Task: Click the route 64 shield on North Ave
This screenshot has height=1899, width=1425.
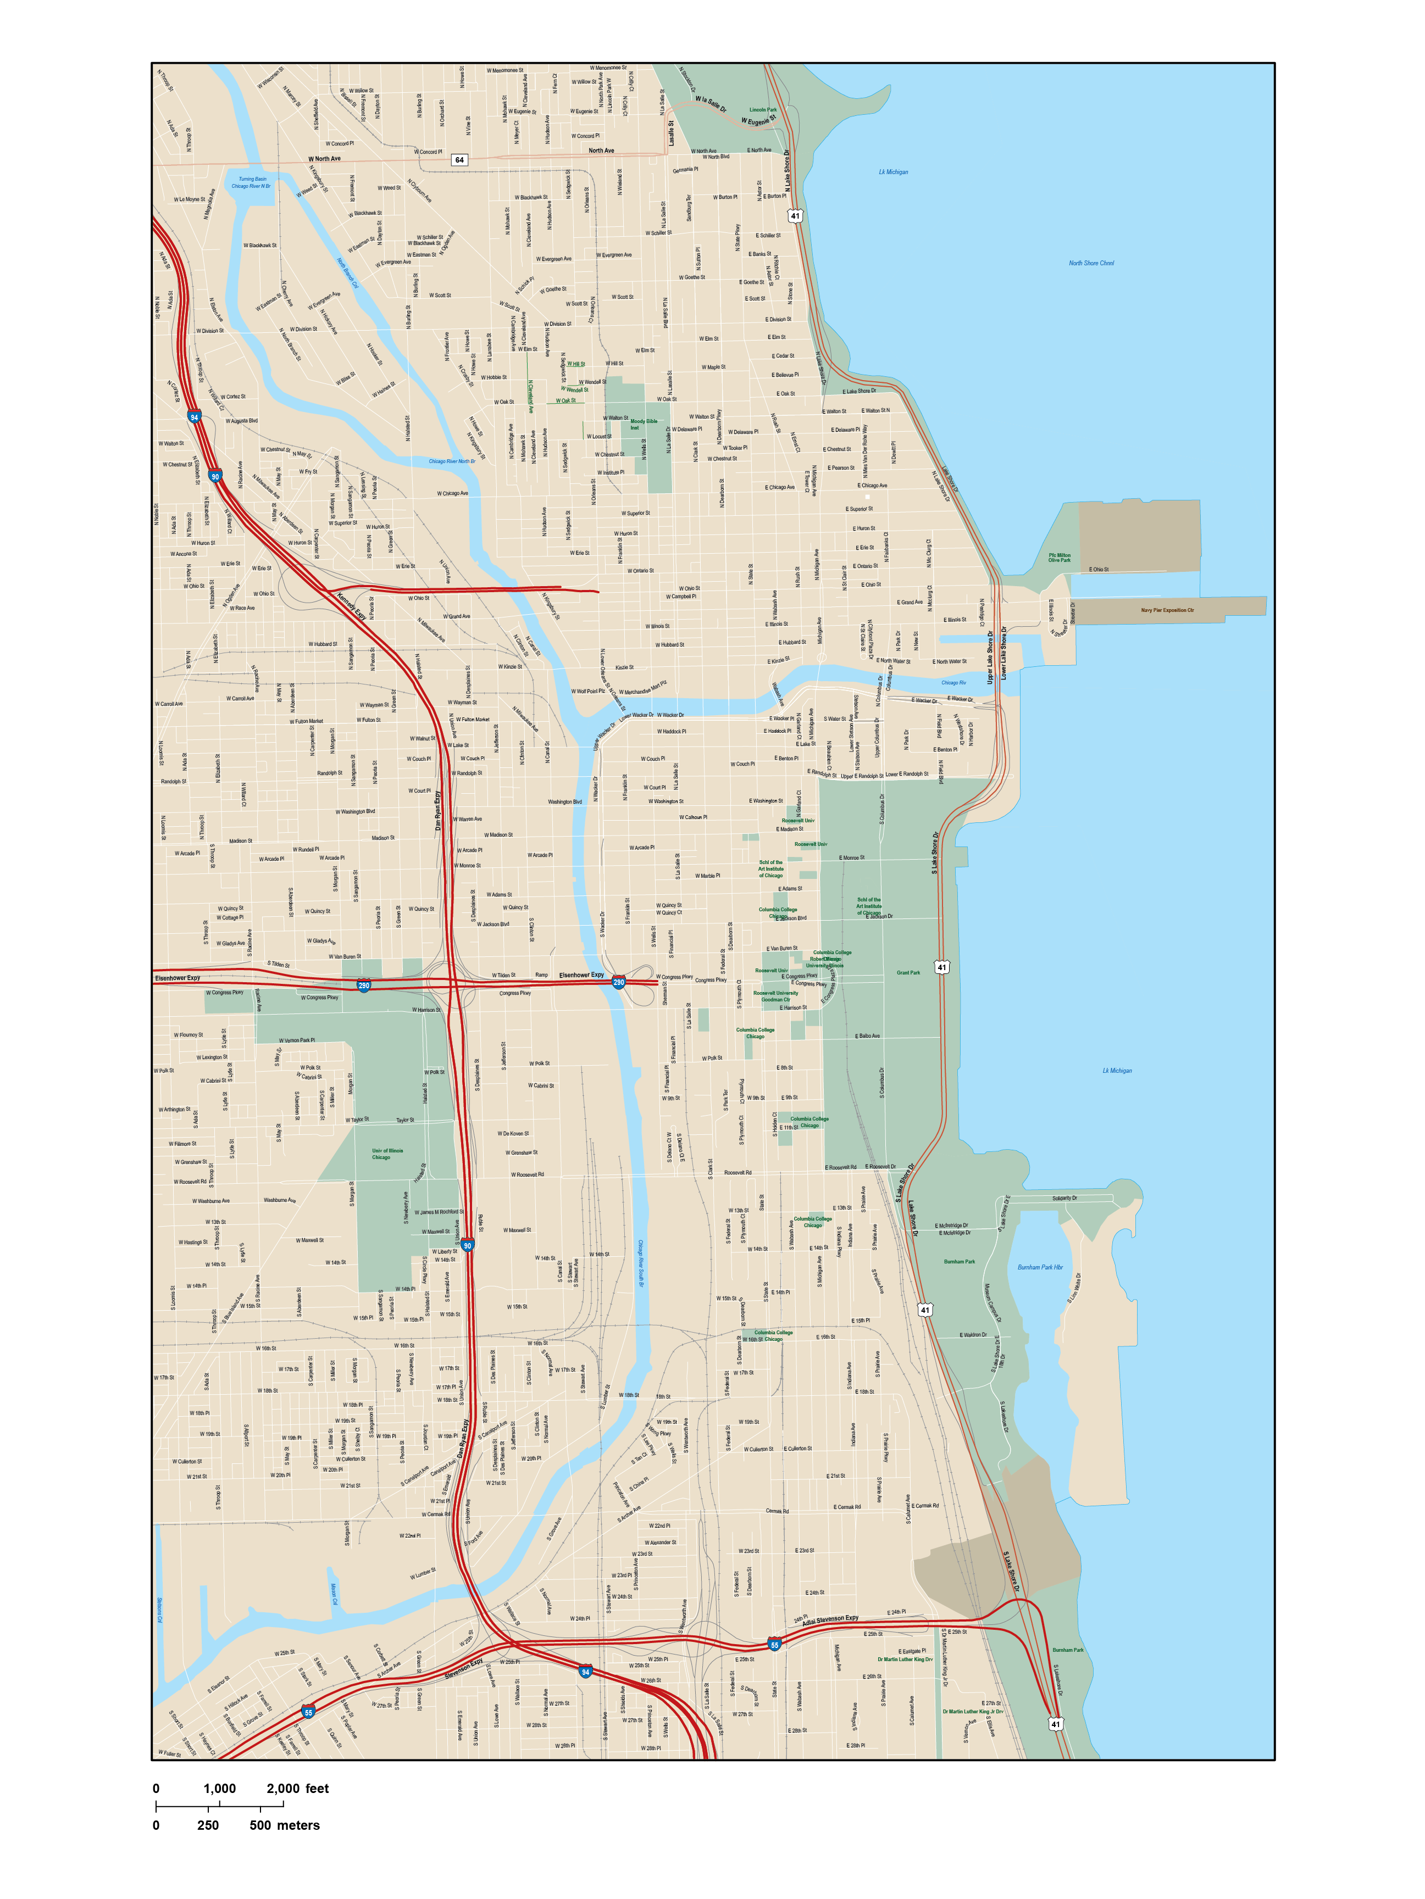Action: point(459,160)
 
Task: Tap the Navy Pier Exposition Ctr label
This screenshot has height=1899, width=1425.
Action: point(1167,610)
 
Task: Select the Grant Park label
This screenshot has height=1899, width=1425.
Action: point(908,973)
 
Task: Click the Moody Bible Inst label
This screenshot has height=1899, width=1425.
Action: point(644,424)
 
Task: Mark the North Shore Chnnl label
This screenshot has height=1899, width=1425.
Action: point(1091,264)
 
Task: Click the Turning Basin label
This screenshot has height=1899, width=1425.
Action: point(253,180)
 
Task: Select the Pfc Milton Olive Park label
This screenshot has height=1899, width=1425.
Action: point(1059,558)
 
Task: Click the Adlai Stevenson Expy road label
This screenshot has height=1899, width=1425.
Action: point(830,1620)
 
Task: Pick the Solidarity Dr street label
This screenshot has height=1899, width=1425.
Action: point(1064,1198)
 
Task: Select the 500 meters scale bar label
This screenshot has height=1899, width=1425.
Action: point(284,1826)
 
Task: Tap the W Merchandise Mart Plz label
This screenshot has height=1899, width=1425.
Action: point(645,688)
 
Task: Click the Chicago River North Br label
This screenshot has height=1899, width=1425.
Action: point(452,461)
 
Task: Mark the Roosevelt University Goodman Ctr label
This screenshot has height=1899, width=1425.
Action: point(775,996)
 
